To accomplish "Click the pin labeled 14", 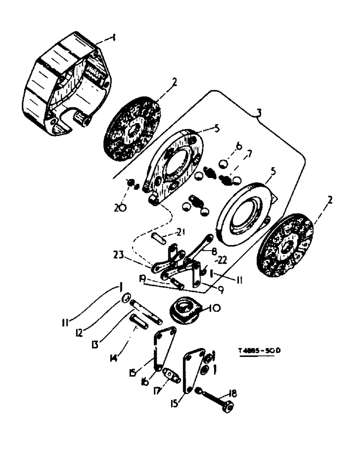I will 138,322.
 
